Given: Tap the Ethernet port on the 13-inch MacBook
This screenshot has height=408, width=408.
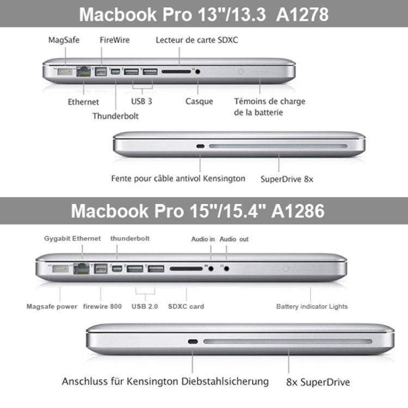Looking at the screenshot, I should [x=84, y=71].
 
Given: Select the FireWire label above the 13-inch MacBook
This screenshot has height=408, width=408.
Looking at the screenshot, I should [x=115, y=40].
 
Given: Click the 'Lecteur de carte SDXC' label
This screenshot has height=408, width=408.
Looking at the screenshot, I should [x=196, y=40].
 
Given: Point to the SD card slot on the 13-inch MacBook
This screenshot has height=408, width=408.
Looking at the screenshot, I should [x=176, y=71].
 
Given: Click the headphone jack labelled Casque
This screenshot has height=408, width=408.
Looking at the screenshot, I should [x=197, y=71].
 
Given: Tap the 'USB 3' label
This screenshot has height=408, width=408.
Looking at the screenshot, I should [x=141, y=101].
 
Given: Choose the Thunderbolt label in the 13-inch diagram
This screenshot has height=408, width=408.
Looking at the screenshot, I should [x=115, y=115].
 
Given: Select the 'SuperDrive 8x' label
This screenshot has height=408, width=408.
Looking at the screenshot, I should [x=287, y=178].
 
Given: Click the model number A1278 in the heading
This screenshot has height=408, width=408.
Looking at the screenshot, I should [x=302, y=14].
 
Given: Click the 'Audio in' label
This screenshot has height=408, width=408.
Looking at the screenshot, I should [x=203, y=239].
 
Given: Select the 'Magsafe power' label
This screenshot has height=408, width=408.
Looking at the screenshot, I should [x=52, y=306].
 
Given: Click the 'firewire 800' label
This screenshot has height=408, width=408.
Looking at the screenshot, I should [x=102, y=306].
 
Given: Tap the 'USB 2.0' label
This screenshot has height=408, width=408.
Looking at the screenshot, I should [x=145, y=306].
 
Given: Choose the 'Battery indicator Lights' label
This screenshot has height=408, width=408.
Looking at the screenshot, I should [x=312, y=306].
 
